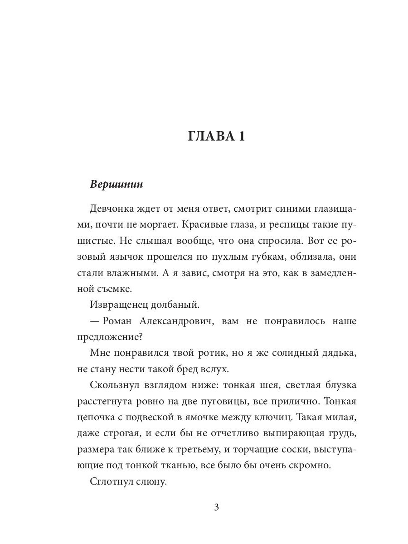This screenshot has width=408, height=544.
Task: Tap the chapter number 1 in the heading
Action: tap(240, 136)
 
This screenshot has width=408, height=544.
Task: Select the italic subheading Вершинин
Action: tap(116, 185)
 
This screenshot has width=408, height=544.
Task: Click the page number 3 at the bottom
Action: tap(216, 507)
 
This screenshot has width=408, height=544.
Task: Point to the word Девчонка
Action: tap(111, 209)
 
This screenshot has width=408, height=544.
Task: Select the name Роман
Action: tap(117, 321)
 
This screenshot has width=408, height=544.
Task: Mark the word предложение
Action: tap(106, 337)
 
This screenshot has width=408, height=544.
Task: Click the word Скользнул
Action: tap(112, 385)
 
